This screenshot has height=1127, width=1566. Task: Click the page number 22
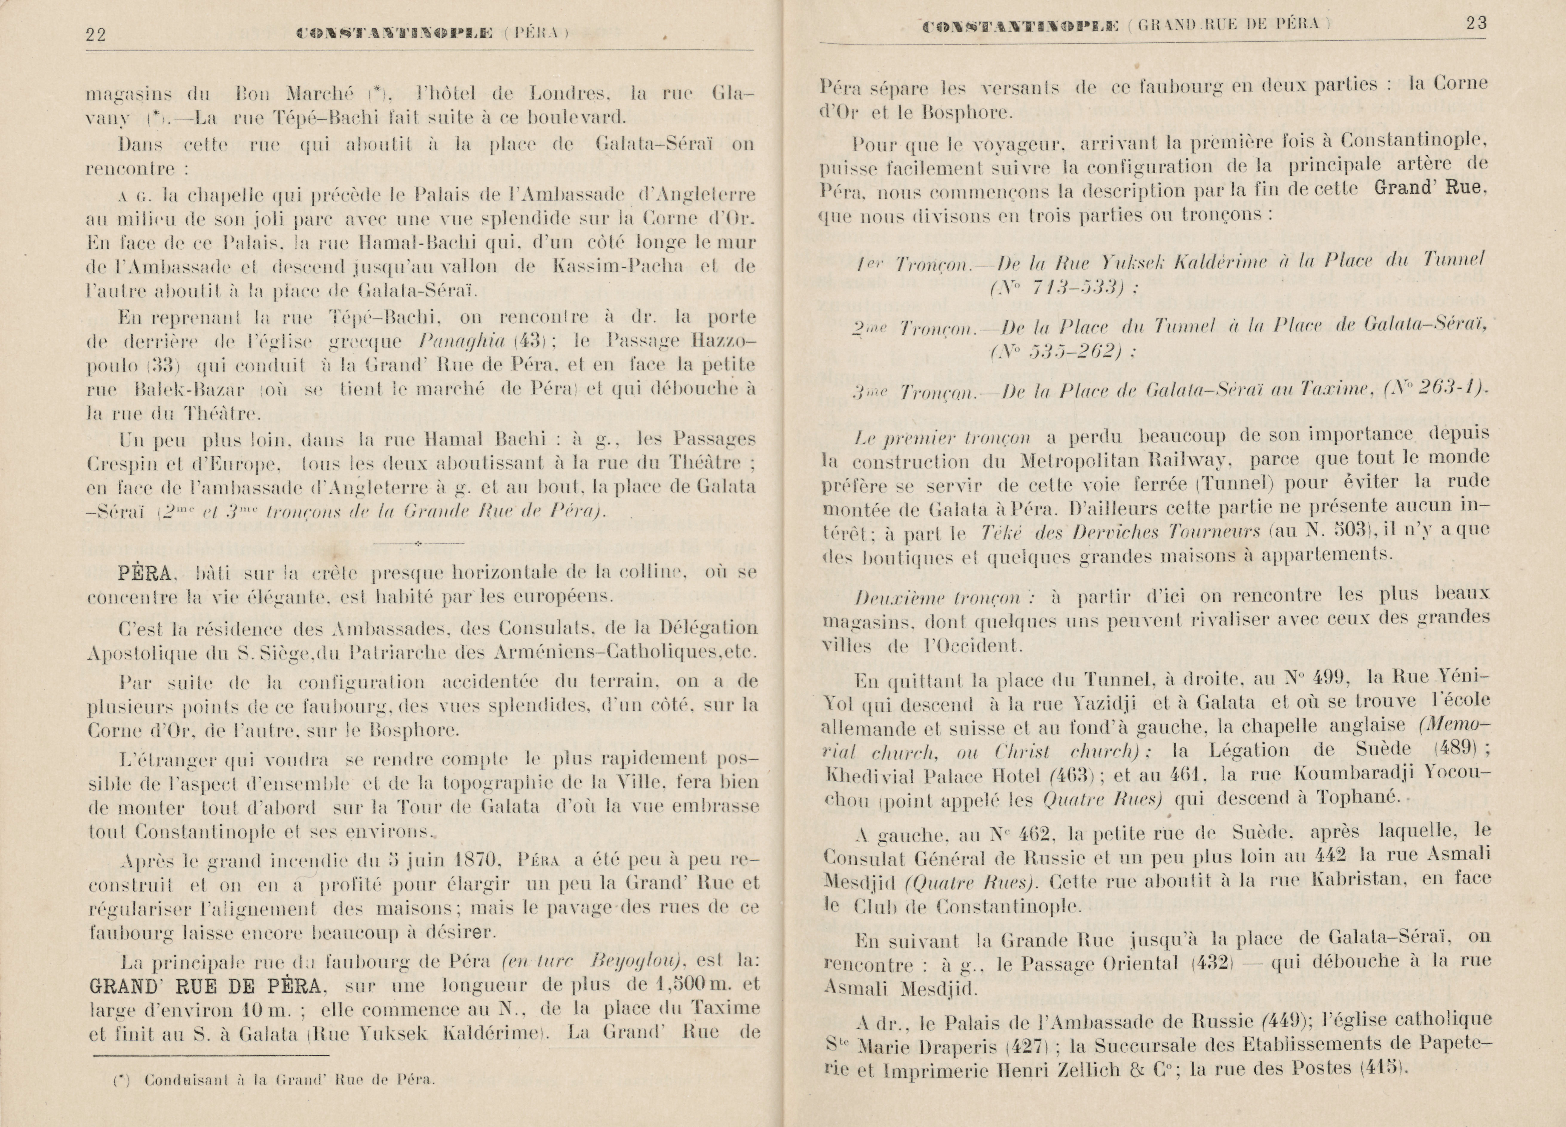pos(95,35)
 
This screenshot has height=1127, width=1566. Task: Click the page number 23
pos(1476,24)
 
